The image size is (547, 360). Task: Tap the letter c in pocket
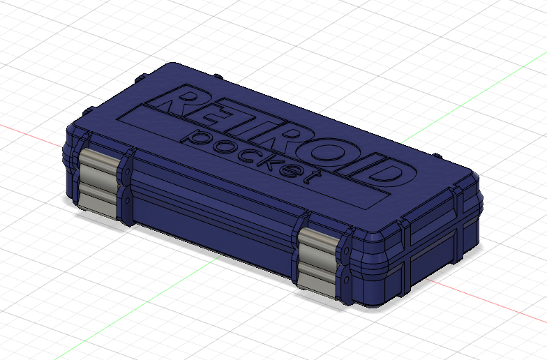pos(241,147)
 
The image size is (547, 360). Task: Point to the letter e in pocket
pos(287,165)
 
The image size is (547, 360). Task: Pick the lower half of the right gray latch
pos(316,275)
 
